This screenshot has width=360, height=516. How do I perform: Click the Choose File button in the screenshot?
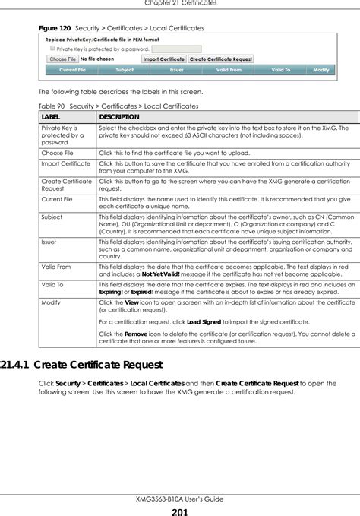point(62,59)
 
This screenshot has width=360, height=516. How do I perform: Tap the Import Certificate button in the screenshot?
point(163,59)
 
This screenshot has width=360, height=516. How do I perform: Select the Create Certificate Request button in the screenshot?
point(222,59)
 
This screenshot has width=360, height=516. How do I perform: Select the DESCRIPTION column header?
point(118,117)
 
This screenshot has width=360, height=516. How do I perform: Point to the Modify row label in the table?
point(51,302)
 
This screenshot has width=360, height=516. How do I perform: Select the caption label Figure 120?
point(55,28)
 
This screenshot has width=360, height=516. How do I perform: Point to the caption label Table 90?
point(52,106)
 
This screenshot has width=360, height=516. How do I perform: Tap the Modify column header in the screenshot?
point(321,69)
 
